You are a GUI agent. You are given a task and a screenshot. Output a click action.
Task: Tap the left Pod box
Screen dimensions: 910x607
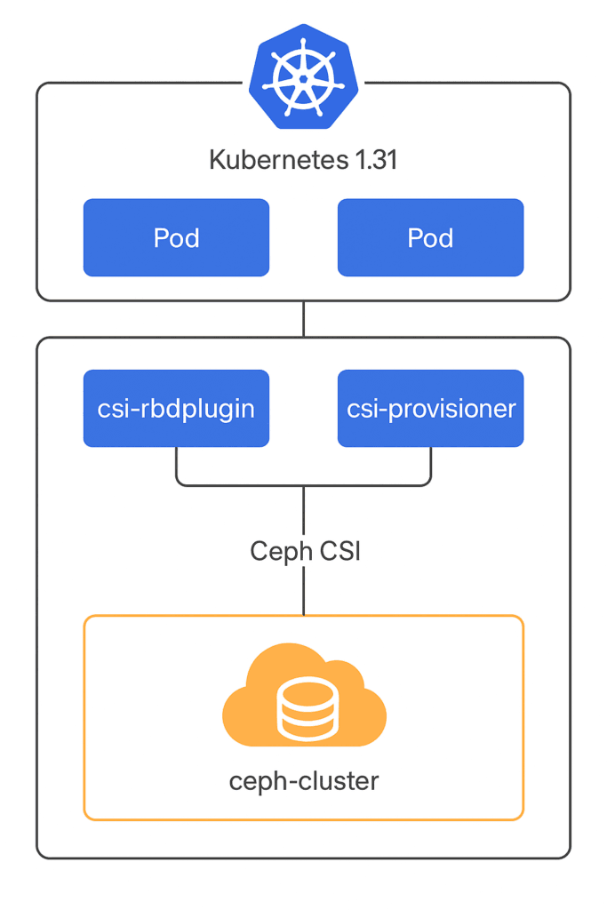tap(176, 237)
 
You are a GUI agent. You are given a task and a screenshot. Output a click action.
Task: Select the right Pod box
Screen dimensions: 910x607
tap(430, 237)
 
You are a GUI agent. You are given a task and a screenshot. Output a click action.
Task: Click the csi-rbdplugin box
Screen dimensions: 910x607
tap(176, 408)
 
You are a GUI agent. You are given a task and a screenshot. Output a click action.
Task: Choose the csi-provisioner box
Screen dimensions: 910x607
tap(430, 408)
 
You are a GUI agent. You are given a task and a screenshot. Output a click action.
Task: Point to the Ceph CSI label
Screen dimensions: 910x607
tap(304, 551)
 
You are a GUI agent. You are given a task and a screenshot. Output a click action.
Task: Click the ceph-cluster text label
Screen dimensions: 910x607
tap(304, 781)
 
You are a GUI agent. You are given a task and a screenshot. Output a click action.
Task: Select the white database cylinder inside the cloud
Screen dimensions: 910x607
tap(304, 709)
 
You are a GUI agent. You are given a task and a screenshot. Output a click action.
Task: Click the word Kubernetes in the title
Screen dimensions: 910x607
tap(266, 161)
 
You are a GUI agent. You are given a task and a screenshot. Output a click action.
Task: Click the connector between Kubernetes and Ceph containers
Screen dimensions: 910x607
tap(304, 319)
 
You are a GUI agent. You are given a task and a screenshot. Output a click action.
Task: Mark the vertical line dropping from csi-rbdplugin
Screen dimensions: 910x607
tap(176, 463)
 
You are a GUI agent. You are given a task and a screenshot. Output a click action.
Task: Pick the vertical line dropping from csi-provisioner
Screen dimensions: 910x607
tap(431, 463)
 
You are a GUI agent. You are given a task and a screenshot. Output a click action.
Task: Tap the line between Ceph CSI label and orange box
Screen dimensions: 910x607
tap(304, 591)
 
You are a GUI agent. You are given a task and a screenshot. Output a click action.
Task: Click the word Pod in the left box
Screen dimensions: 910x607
tap(176, 238)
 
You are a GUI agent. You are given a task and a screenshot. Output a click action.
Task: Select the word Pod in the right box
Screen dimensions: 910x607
tap(430, 238)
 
